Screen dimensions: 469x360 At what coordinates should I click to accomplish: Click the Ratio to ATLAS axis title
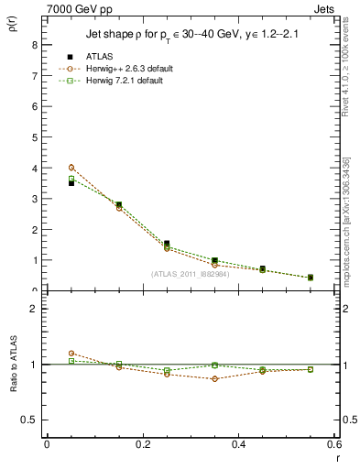(x=13, y=365)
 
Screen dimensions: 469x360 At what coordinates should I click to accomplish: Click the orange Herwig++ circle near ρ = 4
(x=71, y=168)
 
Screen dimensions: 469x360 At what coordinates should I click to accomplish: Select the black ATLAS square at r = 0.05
(x=71, y=183)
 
